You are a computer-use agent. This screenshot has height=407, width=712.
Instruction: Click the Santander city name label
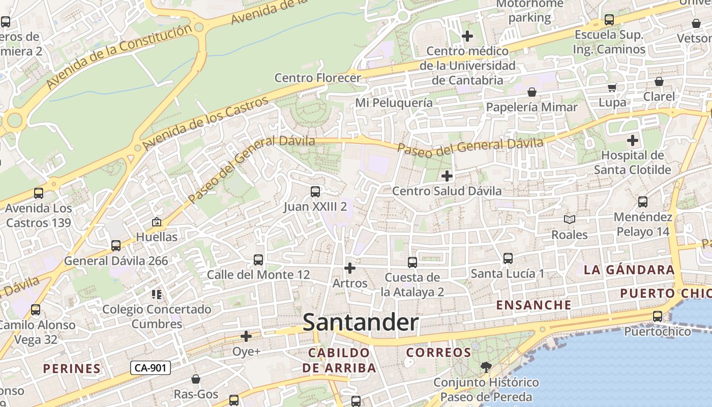click(361, 323)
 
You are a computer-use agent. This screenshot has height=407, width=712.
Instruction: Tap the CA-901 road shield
click(150, 368)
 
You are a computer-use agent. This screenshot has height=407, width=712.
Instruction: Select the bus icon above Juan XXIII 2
click(315, 192)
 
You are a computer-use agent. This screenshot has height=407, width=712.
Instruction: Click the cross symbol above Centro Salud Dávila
click(447, 176)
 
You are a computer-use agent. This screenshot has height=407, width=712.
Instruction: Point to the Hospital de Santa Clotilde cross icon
click(633, 140)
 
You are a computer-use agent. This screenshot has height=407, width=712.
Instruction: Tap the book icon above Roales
click(570, 220)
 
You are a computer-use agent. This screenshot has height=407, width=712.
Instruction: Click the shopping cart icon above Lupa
click(612, 88)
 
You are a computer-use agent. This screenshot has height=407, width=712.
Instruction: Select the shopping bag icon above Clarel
click(659, 81)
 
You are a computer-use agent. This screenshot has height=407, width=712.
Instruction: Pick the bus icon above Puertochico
click(658, 316)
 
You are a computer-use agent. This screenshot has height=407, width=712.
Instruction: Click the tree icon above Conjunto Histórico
click(486, 367)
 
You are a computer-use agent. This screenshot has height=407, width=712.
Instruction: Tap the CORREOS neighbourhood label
click(439, 353)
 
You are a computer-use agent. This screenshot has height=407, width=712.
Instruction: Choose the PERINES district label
click(72, 369)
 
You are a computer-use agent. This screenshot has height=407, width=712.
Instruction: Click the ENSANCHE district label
click(533, 305)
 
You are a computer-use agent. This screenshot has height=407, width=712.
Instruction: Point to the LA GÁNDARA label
click(629, 270)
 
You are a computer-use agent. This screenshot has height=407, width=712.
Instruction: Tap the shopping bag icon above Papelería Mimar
click(532, 92)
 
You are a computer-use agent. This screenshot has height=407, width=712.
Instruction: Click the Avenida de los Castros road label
click(206, 124)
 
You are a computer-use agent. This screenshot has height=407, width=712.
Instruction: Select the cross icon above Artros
click(350, 268)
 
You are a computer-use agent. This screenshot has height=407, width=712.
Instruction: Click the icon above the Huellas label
click(157, 222)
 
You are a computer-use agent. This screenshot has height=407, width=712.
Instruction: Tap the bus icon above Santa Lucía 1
click(508, 258)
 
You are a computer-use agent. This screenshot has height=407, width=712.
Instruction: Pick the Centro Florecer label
click(318, 78)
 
